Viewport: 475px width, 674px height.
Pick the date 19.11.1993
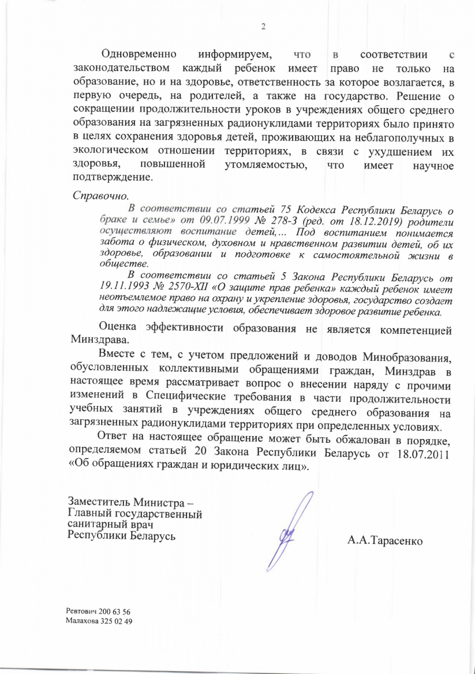tap(123, 288)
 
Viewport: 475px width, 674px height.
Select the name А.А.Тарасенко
tap(385, 541)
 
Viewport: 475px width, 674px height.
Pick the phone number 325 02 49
tap(115, 621)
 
